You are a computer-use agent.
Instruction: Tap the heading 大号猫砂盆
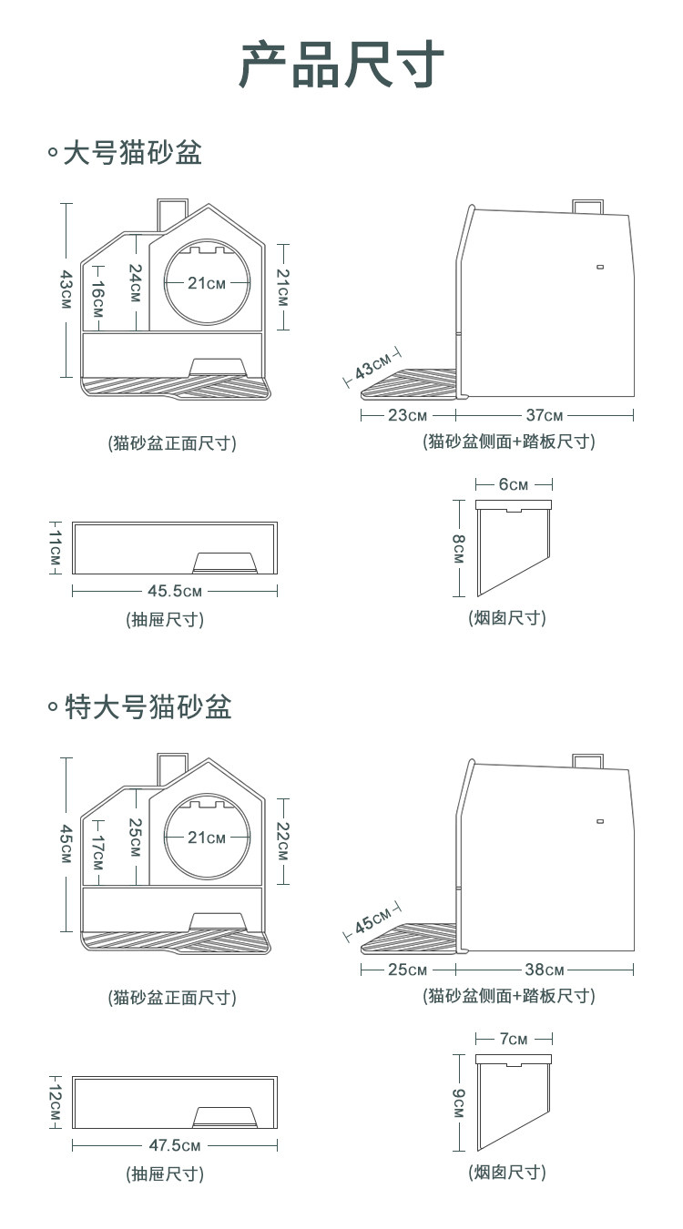click(131, 153)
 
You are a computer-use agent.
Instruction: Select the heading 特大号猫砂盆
click(148, 706)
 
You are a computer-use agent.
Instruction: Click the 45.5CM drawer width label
click(175, 591)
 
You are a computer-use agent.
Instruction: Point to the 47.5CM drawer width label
click(175, 1145)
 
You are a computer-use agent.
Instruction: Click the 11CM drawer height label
click(56, 547)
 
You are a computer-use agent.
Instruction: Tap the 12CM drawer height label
click(56, 1102)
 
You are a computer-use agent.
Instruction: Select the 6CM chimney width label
click(513, 484)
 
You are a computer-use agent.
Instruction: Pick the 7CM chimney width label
click(514, 1039)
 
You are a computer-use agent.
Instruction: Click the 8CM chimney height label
click(458, 548)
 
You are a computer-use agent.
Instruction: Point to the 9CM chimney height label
click(458, 1102)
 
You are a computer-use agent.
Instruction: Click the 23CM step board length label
click(407, 416)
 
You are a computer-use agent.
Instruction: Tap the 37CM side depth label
click(544, 416)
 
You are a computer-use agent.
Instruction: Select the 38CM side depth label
click(545, 970)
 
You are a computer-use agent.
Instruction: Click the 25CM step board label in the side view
click(407, 970)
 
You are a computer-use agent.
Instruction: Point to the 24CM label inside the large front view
click(135, 283)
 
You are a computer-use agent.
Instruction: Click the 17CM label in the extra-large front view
click(97, 852)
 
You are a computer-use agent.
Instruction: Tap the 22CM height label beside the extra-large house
click(283, 841)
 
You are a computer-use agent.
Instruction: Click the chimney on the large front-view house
click(170, 214)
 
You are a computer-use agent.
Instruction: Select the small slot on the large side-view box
click(600, 267)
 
